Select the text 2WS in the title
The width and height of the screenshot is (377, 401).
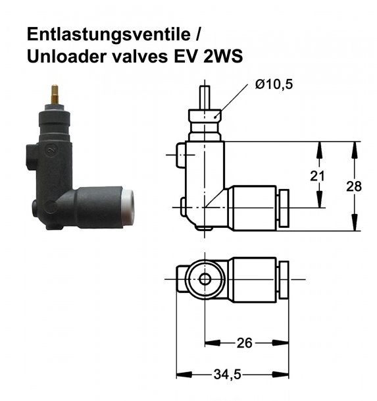pos(221,57)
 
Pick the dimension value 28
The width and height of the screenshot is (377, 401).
pos(354,186)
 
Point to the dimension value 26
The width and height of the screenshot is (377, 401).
pos(244,342)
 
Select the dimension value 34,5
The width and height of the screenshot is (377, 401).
pos(228,374)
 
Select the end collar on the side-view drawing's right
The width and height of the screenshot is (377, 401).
pos(284,209)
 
